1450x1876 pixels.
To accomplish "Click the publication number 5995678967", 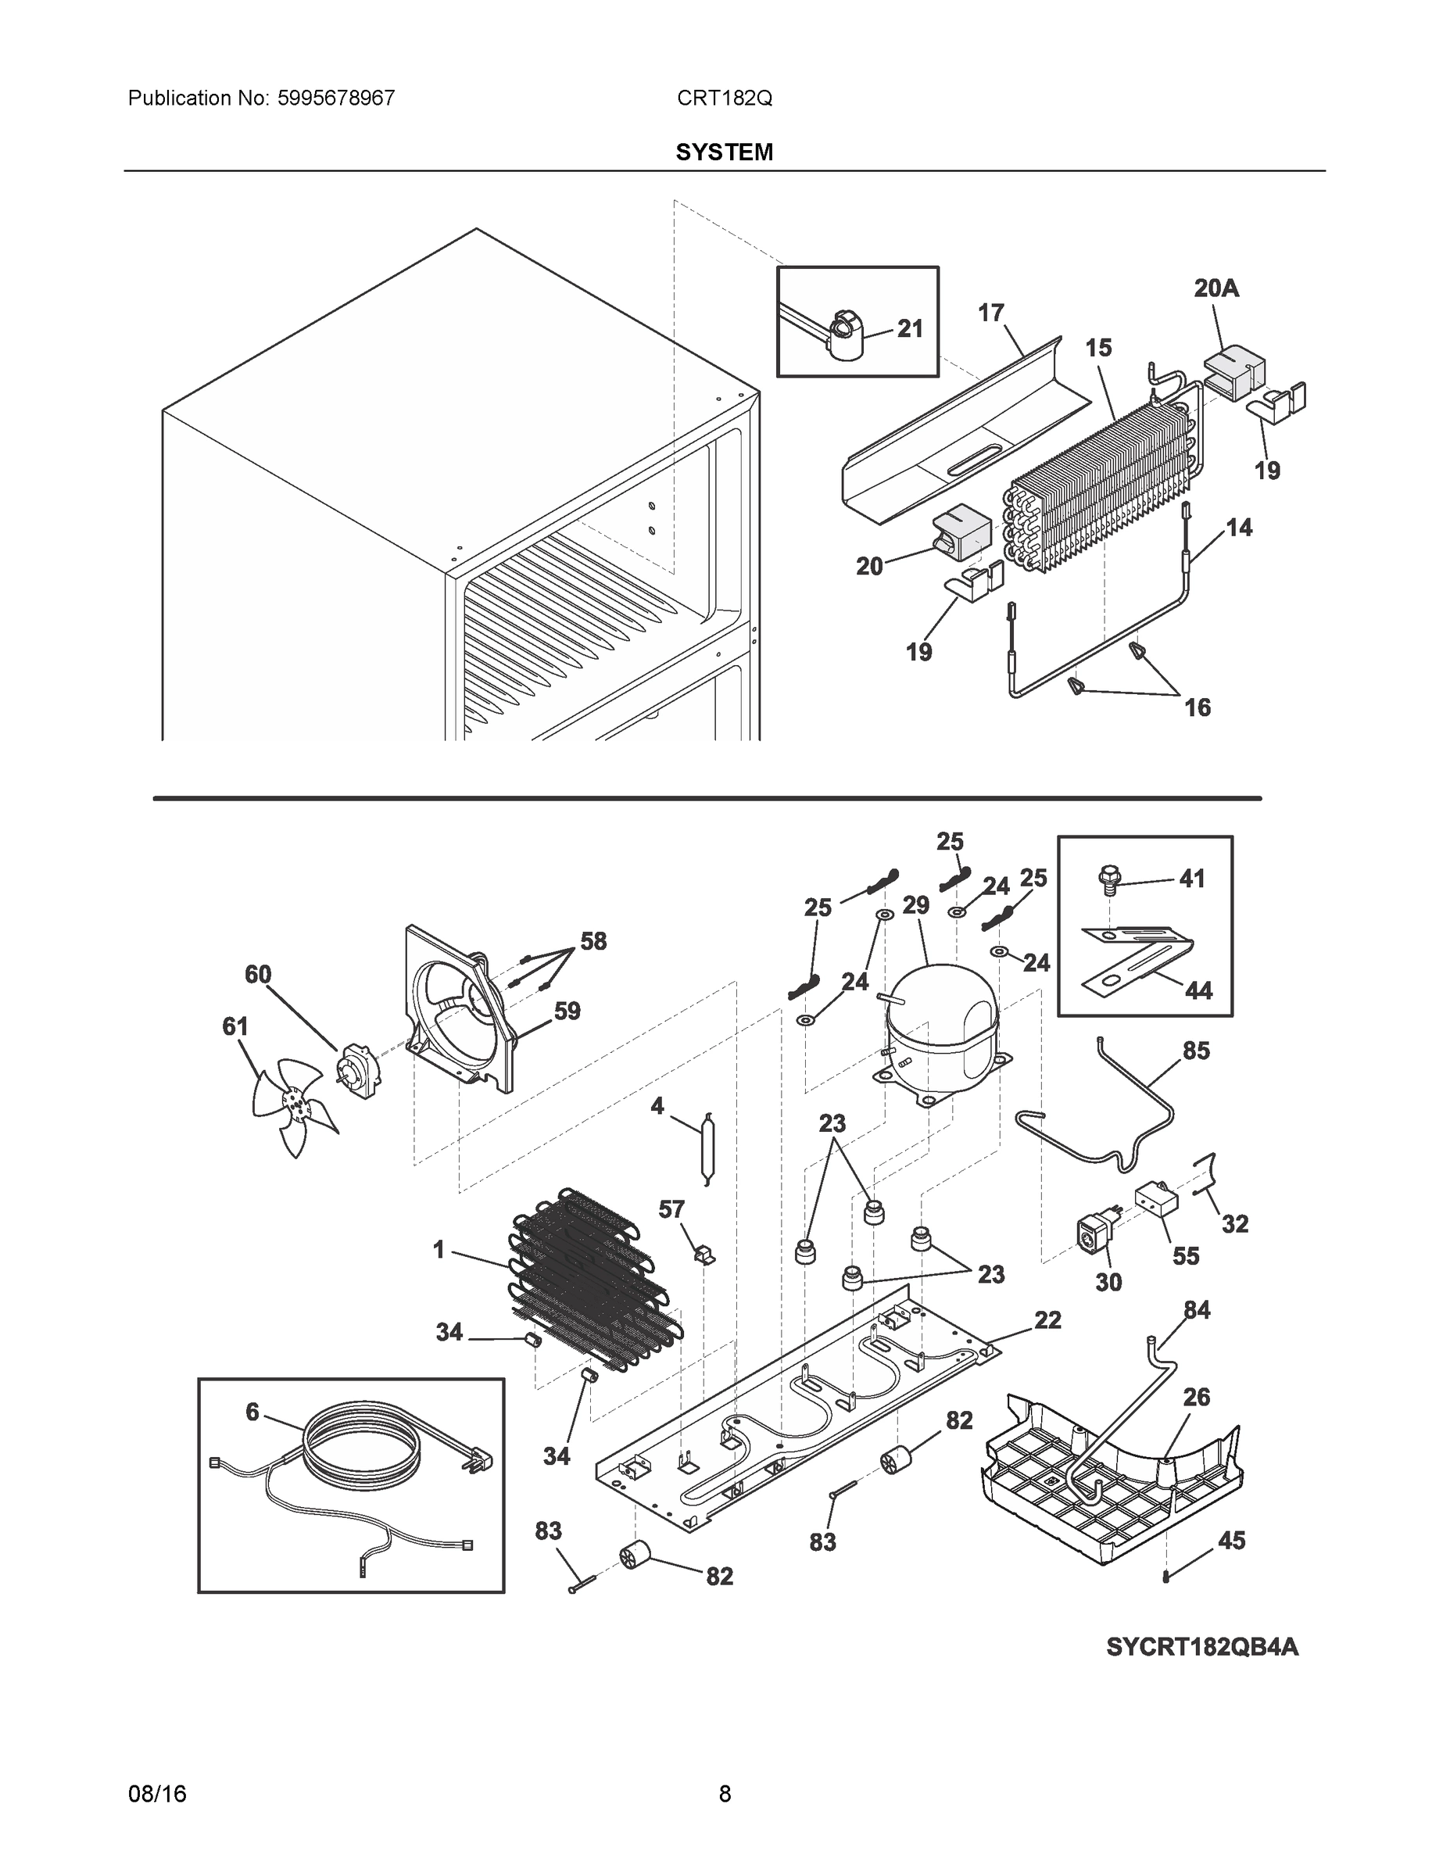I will pos(336,98).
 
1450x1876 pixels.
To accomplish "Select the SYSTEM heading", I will pos(724,152).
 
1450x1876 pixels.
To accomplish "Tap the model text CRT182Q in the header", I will pos(724,98).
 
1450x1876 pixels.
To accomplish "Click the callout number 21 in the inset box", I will pos(910,328).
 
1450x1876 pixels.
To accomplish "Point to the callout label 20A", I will pos(1216,288).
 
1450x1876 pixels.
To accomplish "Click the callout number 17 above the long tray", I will pos(991,313).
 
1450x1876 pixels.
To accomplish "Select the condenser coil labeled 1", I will pos(593,1288).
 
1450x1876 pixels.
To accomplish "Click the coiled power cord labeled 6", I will pos(361,1452).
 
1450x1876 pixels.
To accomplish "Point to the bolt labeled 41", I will pos(1109,878).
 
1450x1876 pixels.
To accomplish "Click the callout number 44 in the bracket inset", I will pos(1198,990).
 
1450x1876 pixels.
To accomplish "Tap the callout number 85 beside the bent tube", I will pos(1196,1051).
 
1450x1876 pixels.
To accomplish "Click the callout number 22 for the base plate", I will pos(1047,1319).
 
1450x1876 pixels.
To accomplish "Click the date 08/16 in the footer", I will pos(157,1794).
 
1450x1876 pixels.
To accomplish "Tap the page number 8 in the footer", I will pos(724,1794).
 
